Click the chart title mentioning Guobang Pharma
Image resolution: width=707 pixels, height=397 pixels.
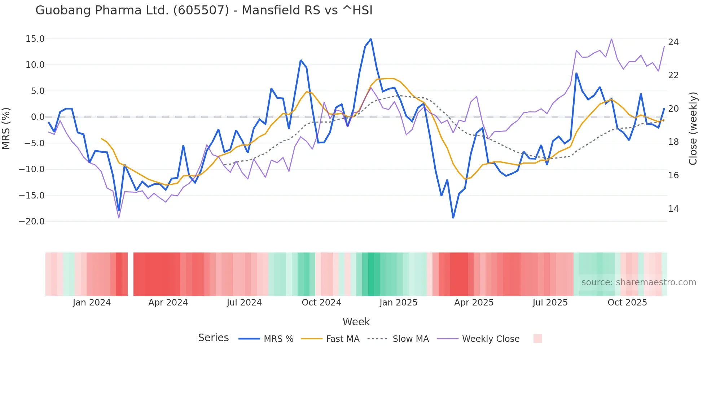click(204, 10)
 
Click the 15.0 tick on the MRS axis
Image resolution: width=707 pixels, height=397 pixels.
click(35, 39)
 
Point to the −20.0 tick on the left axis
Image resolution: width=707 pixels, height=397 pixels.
click(32, 222)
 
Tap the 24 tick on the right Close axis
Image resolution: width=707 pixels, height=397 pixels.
click(673, 42)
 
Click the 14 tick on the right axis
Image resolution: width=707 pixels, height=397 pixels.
click(673, 209)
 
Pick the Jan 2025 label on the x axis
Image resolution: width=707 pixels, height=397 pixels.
click(398, 303)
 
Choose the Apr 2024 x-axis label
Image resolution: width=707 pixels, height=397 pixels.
click(168, 303)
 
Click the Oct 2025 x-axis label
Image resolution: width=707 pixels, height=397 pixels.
click(627, 303)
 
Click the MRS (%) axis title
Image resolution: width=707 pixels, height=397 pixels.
click(6, 128)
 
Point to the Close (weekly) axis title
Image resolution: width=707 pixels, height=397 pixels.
click(693, 128)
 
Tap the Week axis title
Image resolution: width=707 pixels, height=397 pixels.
click(356, 322)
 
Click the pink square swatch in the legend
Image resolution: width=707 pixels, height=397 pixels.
click(537, 339)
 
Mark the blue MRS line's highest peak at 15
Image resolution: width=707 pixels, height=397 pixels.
click(371, 39)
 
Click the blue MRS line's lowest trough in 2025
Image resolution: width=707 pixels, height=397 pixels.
click(453, 218)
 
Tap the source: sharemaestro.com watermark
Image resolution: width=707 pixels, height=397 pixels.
click(638, 282)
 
